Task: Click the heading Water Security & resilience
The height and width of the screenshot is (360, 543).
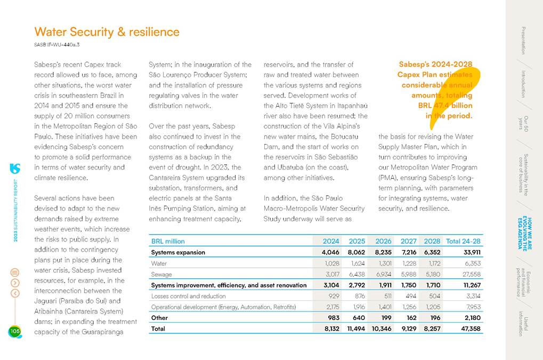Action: (107, 32)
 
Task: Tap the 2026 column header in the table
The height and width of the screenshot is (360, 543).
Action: (383, 241)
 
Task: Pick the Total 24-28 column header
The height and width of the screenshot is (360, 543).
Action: (463, 241)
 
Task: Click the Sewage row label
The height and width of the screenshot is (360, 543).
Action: (161, 274)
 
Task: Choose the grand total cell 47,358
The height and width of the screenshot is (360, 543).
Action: (468, 329)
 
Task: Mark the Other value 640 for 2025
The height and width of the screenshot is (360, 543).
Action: (356, 318)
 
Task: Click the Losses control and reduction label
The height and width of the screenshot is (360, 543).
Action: (189, 296)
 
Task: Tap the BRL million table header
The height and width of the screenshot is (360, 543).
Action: (168, 241)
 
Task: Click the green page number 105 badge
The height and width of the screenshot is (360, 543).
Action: (14, 332)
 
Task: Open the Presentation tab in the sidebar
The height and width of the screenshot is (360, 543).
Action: (523, 41)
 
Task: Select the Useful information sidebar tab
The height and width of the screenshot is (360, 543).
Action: (523, 323)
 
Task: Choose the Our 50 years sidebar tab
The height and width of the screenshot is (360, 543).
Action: (523, 123)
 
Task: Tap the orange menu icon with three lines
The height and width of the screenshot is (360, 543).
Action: (15, 272)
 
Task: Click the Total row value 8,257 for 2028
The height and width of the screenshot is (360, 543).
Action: (432, 329)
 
